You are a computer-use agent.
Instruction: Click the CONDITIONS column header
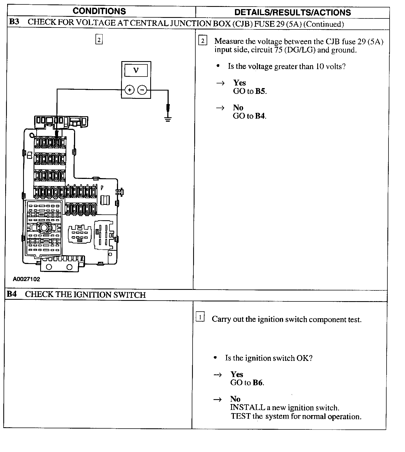(99, 11)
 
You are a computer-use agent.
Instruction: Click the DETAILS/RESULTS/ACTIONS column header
(292, 12)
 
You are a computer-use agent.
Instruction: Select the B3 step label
(14, 22)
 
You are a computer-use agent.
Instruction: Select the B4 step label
(12, 294)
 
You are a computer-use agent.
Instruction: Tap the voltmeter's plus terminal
(130, 90)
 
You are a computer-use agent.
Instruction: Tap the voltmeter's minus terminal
(142, 90)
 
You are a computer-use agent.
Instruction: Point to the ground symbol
(168, 119)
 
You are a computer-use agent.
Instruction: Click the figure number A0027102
(26, 279)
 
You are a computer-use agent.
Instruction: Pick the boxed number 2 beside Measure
(203, 41)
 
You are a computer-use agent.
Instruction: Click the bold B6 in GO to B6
(258, 383)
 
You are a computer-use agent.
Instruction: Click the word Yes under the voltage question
(239, 83)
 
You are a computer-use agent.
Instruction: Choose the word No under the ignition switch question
(235, 399)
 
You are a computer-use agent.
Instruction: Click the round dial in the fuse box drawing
(44, 228)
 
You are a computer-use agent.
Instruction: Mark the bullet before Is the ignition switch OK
(215, 358)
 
